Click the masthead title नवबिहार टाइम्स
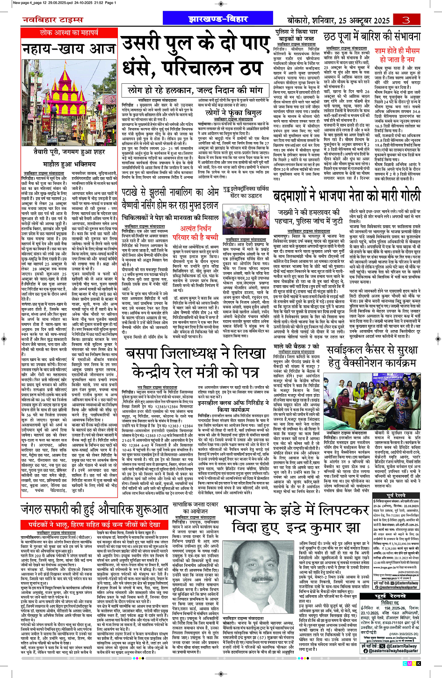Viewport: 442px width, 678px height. click(52, 20)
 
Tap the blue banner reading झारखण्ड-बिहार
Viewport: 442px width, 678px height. click(217, 19)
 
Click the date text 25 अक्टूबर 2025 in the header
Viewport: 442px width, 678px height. click(359, 20)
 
